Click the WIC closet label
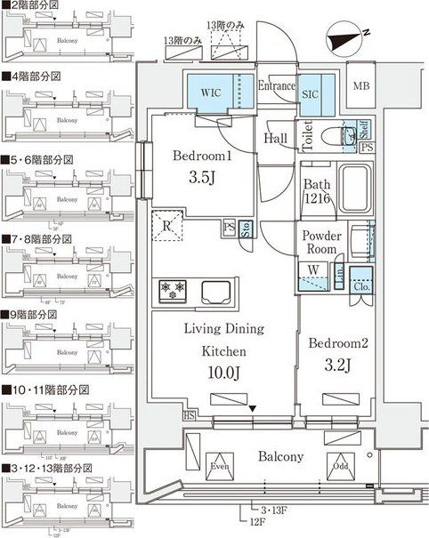(x=210, y=92)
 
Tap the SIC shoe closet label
(x=312, y=92)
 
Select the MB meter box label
(x=360, y=85)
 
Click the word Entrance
(x=276, y=86)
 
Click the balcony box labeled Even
(x=220, y=466)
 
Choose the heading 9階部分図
(x=41, y=314)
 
